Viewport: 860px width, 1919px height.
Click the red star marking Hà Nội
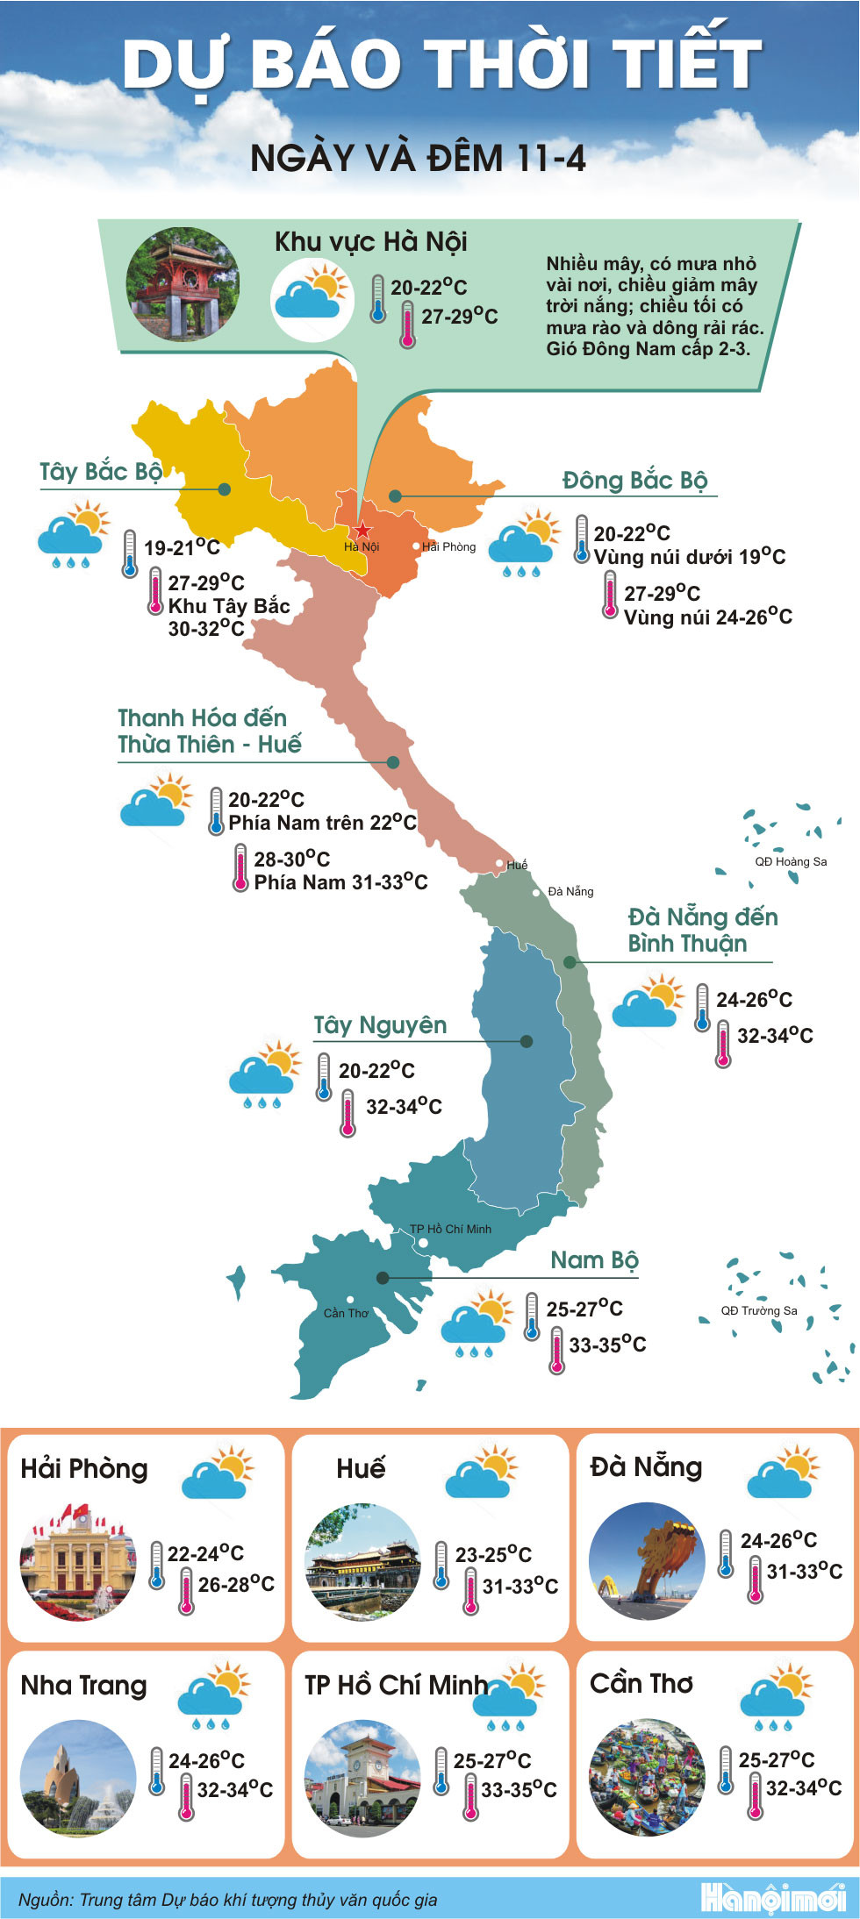pyautogui.click(x=362, y=531)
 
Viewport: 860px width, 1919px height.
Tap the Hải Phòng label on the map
pyautogui.click(x=448, y=546)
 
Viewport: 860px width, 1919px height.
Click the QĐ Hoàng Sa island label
pyautogui.click(x=791, y=861)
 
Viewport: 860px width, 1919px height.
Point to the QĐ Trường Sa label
pyautogui.click(x=759, y=1310)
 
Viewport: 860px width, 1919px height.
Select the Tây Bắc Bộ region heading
pyautogui.click(x=101, y=472)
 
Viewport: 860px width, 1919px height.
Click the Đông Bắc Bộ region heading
pyautogui.click(x=634, y=481)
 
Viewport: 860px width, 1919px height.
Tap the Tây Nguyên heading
pyautogui.click(x=380, y=1025)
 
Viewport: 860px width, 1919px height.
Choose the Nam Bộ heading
pyautogui.click(x=594, y=1260)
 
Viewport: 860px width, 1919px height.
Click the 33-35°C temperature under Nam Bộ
pyautogui.click(x=607, y=1345)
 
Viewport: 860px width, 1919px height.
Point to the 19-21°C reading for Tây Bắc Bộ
pyautogui.click(x=182, y=548)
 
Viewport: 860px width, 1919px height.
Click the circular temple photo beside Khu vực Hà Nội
pyautogui.click(x=183, y=284)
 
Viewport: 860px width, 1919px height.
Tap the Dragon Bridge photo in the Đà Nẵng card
pyautogui.click(x=647, y=1560)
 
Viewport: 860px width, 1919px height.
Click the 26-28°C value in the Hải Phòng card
pyautogui.click(x=236, y=1584)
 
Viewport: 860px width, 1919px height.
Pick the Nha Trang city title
pyautogui.click(x=84, y=1685)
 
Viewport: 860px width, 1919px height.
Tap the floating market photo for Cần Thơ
pyautogui.click(x=647, y=1777)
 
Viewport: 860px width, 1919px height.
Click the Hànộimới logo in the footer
pyautogui.click(x=773, y=1898)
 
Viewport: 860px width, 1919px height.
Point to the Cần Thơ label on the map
pyautogui.click(x=346, y=1313)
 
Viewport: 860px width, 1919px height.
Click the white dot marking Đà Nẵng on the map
pyautogui.click(x=537, y=893)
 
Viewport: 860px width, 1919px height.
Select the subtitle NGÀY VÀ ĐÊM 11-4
pyautogui.click(x=418, y=159)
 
